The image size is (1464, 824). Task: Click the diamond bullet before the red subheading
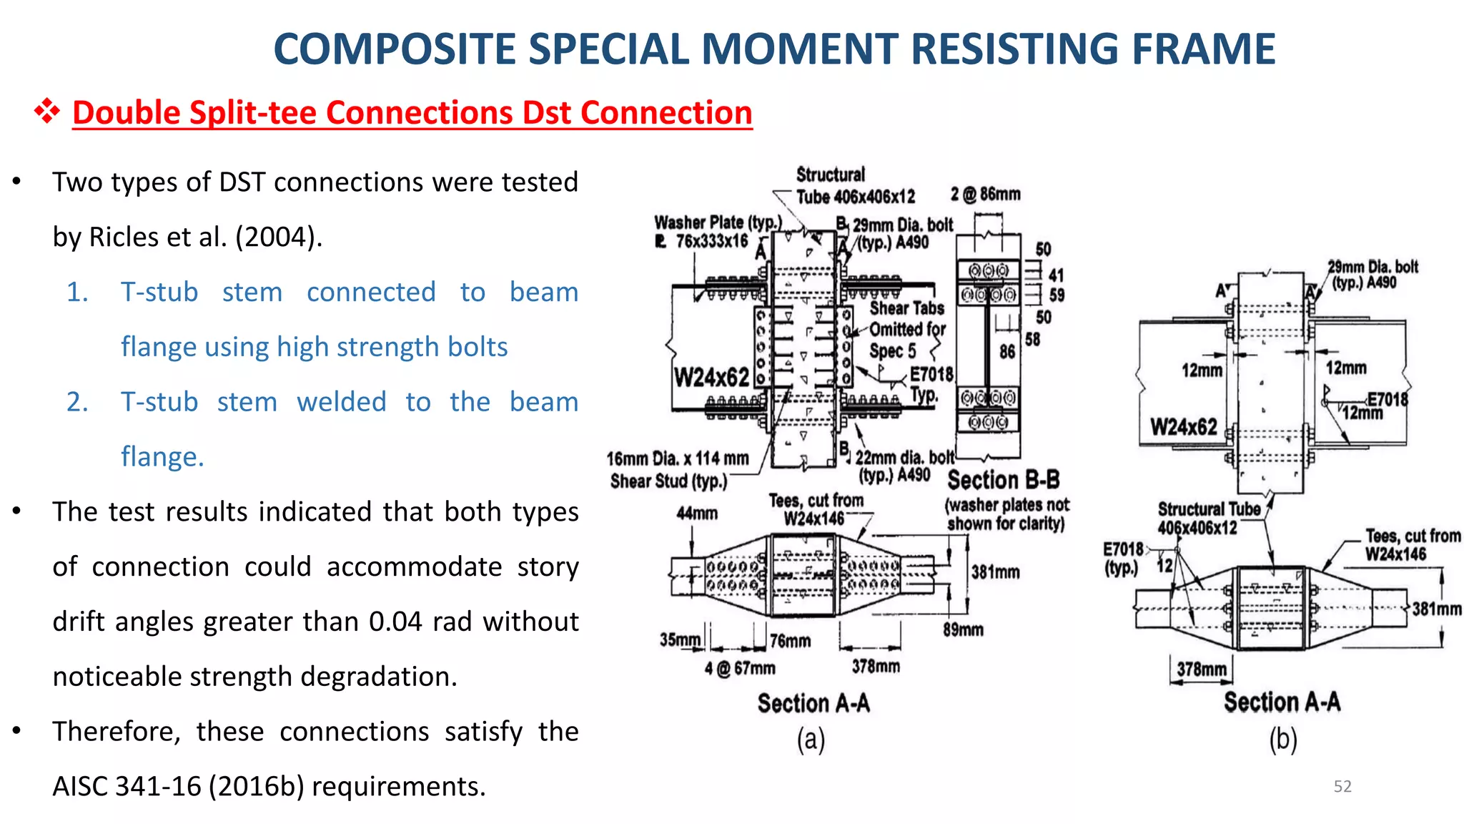pyautogui.click(x=47, y=112)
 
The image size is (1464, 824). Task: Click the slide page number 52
pyautogui.click(x=1342, y=786)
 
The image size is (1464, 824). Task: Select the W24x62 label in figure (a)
pyautogui.click(x=711, y=377)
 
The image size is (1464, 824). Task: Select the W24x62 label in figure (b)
pyautogui.click(x=1183, y=427)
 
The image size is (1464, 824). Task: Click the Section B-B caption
pyautogui.click(x=1003, y=479)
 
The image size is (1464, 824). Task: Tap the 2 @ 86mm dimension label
pyautogui.click(x=985, y=194)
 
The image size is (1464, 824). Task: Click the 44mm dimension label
pyautogui.click(x=697, y=513)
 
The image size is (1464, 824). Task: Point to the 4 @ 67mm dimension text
pyautogui.click(x=740, y=668)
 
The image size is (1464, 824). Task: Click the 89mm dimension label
pyautogui.click(x=963, y=629)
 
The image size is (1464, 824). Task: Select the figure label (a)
pyautogui.click(x=811, y=740)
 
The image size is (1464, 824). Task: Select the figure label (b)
pyautogui.click(x=1282, y=740)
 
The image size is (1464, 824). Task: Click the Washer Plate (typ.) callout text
pyautogui.click(x=718, y=222)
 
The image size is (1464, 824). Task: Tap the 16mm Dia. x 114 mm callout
pyautogui.click(x=677, y=458)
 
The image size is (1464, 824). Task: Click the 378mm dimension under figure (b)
pyautogui.click(x=1201, y=669)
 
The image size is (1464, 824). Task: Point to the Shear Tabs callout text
pyautogui.click(x=906, y=308)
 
